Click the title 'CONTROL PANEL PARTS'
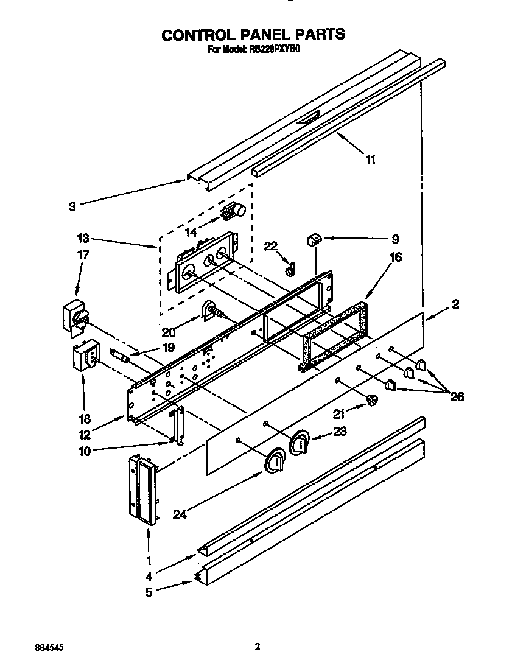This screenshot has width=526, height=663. pyautogui.click(x=253, y=35)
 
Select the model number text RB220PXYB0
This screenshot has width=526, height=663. pyautogui.click(x=273, y=51)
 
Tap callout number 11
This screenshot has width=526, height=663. pyautogui.click(x=370, y=160)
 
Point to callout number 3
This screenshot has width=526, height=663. pyautogui.click(x=72, y=206)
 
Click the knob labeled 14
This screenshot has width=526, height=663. pyautogui.click(x=234, y=211)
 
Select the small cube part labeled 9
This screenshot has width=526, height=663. pyautogui.click(x=314, y=239)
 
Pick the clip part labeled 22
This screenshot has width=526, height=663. pyautogui.click(x=289, y=267)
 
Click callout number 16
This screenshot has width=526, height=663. pyautogui.click(x=395, y=258)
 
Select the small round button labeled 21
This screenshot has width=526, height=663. pyautogui.click(x=371, y=399)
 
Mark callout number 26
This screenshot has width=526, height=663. pyautogui.click(x=457, y=397)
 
